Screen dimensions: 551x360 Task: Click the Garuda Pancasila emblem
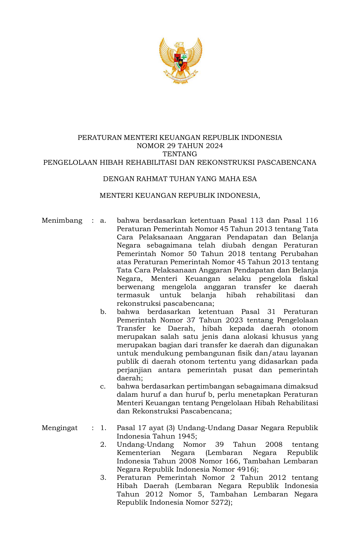pyautogui.click(x=180, y=60)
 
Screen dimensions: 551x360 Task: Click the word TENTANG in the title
pyautogui.click(x=180, y=154)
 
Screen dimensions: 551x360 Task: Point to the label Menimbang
pyautogui.click(x=62, y=220)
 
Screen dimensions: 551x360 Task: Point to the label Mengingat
pyautogui.click(x=60, y=428)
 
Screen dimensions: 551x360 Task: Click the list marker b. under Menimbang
pyautogui.click(x=103, y=312)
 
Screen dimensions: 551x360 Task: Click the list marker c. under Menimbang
pyautogui.click(x=103, y=386)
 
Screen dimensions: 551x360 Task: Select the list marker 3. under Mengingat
pyautogui.click(x=103, y=478)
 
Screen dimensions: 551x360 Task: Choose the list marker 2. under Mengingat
pyautogui.click(x=103, y=444)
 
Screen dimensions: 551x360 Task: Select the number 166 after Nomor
pyautogui.click(x=233, y=461)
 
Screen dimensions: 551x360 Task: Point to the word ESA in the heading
pyautogui.click(x=250, y=179)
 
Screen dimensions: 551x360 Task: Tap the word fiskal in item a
pyautogui.click(x=308, y=279)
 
